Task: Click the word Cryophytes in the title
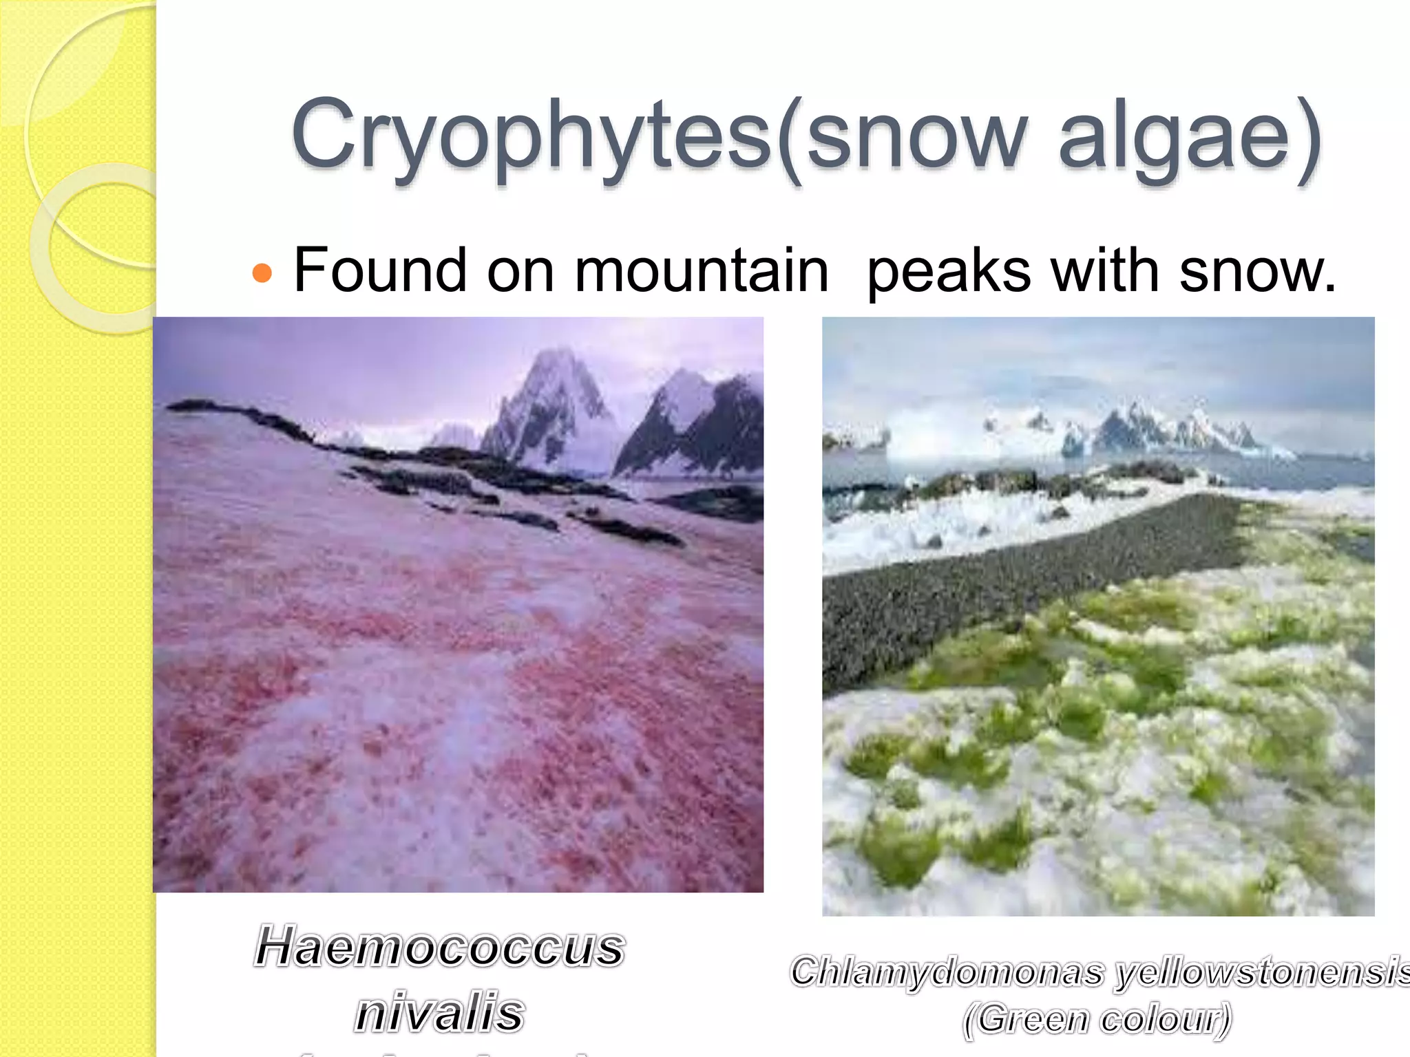click(x=530, y=134)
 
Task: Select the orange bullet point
click(x=262, y=273)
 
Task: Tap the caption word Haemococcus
click(x=439, y=947)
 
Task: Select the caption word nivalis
click(x=439, y=1012)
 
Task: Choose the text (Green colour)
click(x=1097, y=1018)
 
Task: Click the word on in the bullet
click(x=520, y=270)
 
